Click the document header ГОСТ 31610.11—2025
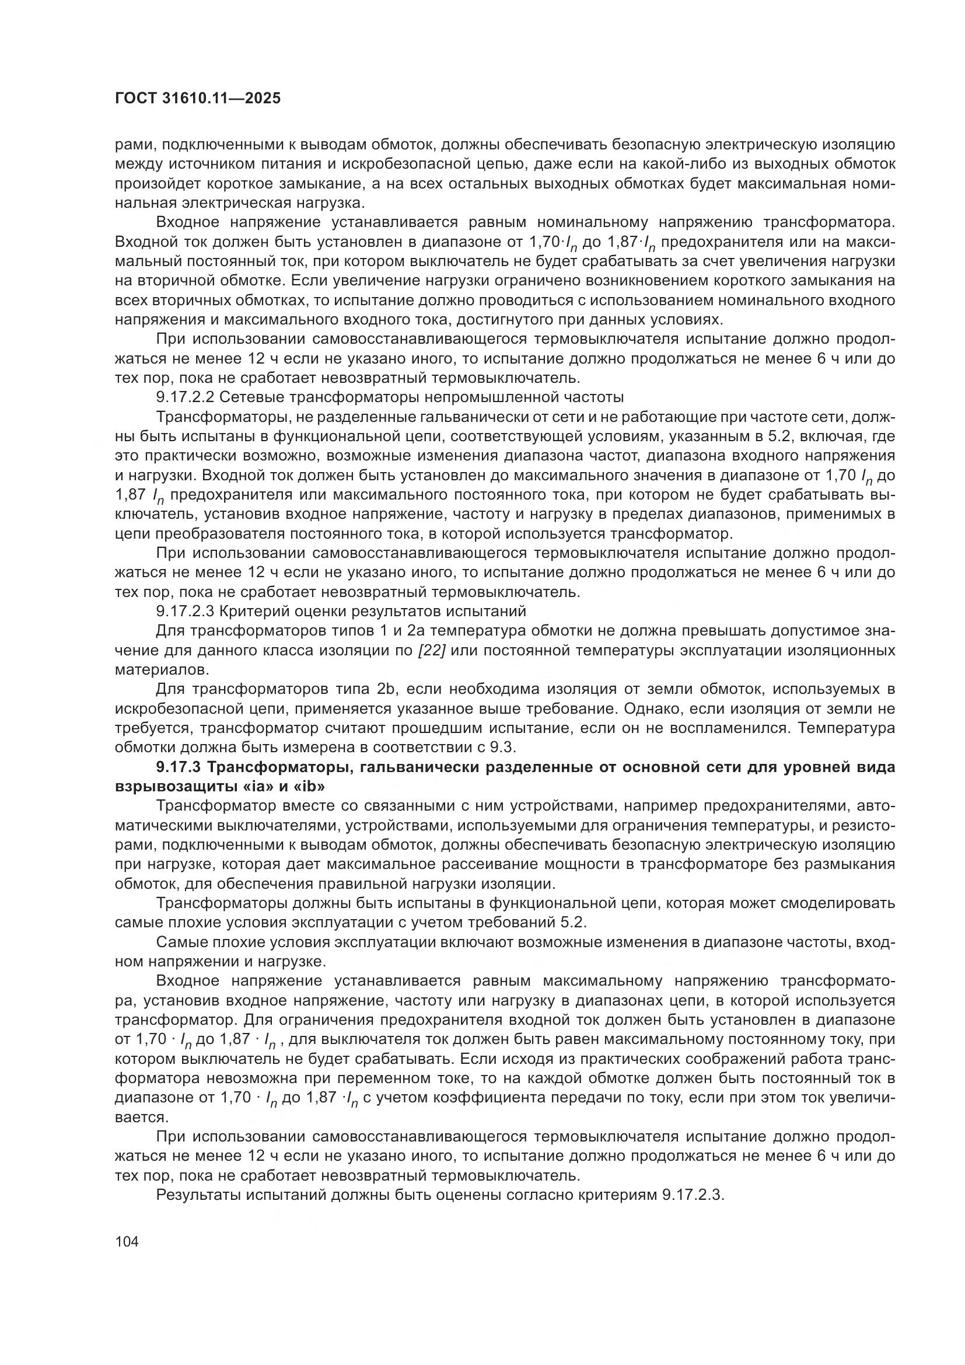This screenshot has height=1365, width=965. coord(197,98)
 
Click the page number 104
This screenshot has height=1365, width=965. coord(127,1241)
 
